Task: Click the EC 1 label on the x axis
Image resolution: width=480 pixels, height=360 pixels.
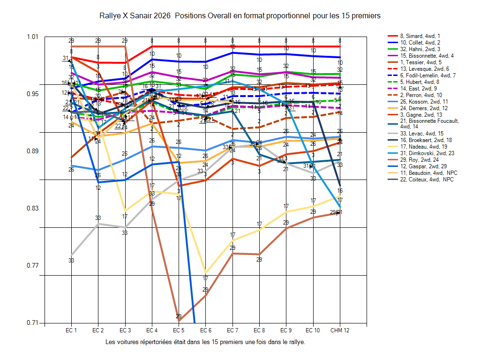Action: (x=71, y=331)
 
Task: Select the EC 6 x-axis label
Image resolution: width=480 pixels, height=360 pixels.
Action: (x=205, y=331)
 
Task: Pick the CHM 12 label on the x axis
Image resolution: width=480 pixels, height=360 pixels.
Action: (x=339, y=331)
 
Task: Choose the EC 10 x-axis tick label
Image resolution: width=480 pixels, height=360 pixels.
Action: (x=313, y=331)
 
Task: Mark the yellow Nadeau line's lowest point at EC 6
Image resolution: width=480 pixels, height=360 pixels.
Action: (x=205, y=272)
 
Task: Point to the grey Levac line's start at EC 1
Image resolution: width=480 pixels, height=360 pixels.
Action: (x=71, y=255)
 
